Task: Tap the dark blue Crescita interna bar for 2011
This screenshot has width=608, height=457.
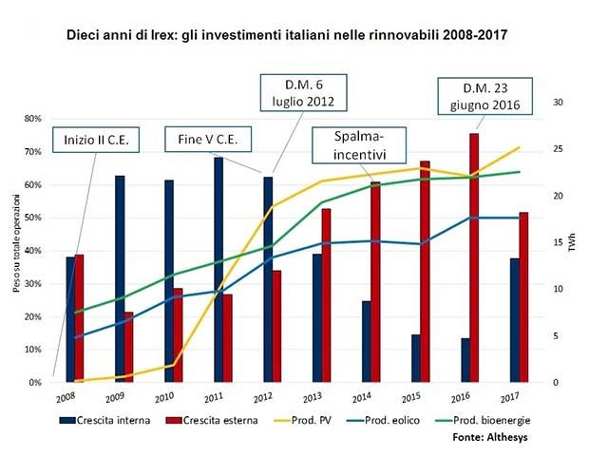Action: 218,270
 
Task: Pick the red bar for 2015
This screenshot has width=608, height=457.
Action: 425,272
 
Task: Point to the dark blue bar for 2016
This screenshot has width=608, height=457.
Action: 465,360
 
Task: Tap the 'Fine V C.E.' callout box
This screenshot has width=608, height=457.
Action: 207,141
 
